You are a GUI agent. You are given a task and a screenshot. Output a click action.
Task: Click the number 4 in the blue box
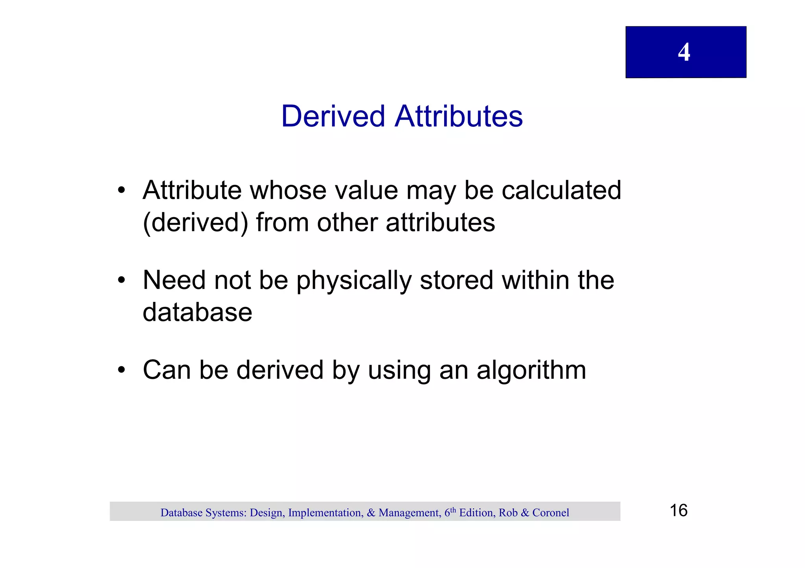point(684,52)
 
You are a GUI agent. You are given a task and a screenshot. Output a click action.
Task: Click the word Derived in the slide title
point(333,117)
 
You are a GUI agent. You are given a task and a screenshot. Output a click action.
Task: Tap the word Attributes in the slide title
point(459,117)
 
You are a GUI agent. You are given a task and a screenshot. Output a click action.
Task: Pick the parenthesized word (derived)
point(195,223)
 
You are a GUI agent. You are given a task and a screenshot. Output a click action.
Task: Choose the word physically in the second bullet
point(354,281)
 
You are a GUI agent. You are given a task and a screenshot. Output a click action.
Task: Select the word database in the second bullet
point(197,312)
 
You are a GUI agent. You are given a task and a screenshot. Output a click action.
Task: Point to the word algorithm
point(531,371)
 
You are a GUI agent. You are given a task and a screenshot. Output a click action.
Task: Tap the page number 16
point(678,511)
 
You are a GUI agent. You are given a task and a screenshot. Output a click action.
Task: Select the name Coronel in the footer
point(551,513)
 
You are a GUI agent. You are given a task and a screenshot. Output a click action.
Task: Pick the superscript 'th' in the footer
point(453,510)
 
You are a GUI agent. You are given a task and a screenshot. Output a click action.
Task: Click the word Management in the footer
point(409,513)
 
